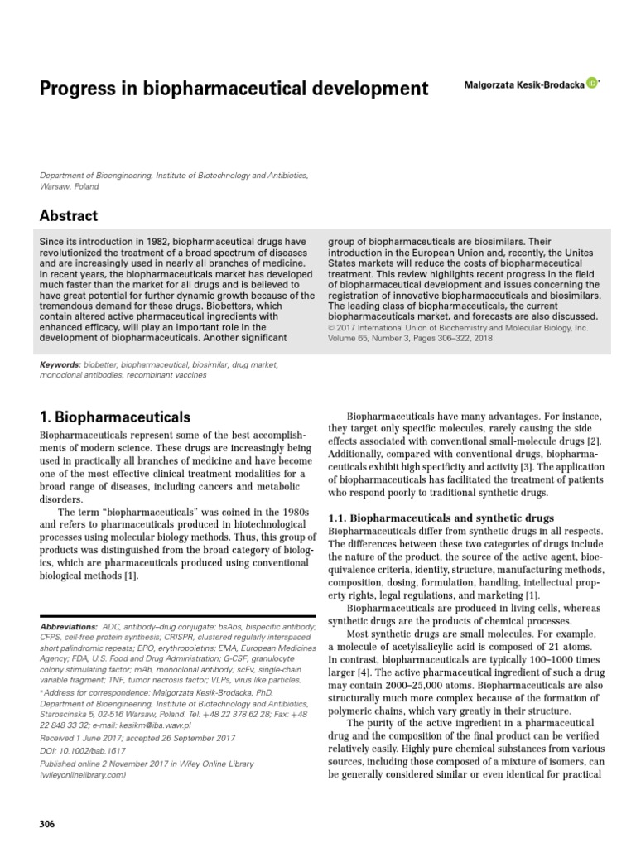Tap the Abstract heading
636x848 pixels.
[x=69, y=215]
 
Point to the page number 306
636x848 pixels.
[x=48, y=823]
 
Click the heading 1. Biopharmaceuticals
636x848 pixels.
[x=115, y=417]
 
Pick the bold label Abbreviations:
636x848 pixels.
[x=69, y=627]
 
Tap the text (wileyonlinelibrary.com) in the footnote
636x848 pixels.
[x=83, y=775]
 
